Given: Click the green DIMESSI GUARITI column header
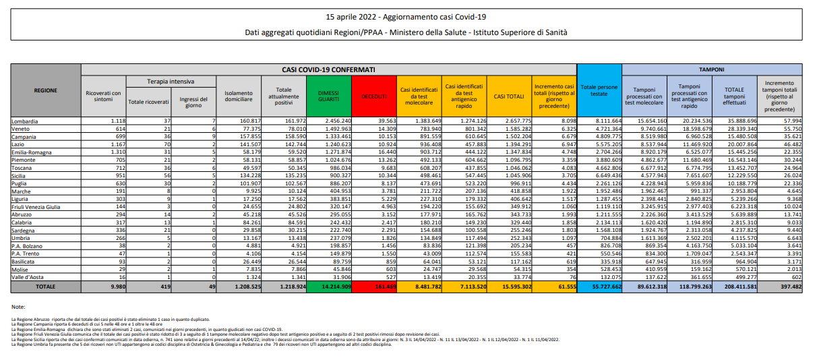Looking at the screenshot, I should coord(330,96).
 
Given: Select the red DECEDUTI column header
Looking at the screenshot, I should coord(374,96).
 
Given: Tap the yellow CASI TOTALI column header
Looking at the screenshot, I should coord(509,96).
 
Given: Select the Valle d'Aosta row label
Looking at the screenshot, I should coord(28,276).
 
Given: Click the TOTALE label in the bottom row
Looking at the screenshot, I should coord(46,287).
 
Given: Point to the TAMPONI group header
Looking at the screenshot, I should coord(711,69).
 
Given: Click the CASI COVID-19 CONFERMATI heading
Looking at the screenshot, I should coord(328,69).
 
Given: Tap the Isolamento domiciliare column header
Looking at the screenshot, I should coord(239,96).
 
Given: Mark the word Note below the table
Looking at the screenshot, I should coord(19,307).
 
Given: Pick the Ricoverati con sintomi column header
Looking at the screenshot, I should coord(103,96).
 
